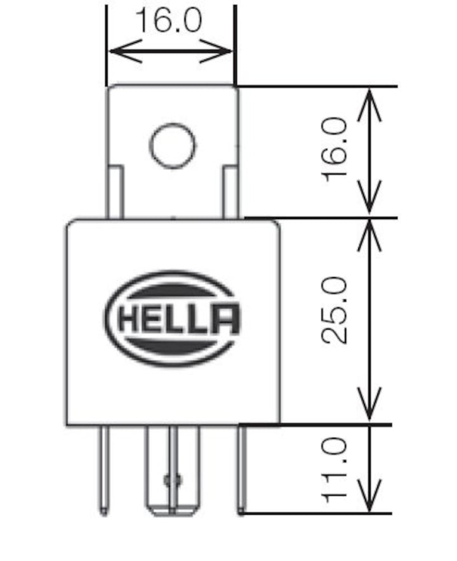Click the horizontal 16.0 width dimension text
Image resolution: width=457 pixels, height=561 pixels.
click(168, 21)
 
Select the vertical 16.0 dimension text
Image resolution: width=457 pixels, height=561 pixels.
click(334, 150)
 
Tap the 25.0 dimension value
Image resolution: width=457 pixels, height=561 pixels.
click(334, 310)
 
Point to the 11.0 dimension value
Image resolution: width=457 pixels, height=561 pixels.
click(334, 470)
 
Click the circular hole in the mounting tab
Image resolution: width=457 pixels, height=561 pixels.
click(172, 145)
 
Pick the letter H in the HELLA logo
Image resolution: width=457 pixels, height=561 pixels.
click(129, 320)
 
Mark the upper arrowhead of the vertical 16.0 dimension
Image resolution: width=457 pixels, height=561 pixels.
click(369, 102)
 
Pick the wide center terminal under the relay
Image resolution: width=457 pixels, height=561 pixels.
click(172, 470)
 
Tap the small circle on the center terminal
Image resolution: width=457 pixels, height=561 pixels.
click(171, 480)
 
